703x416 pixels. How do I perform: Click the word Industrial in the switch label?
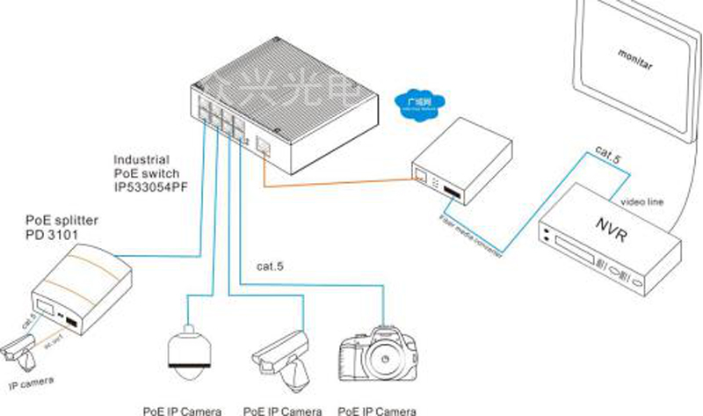pyautogui.click(x=141, y=161)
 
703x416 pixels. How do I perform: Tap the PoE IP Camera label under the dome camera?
pyautogui.click(x=183, y=409)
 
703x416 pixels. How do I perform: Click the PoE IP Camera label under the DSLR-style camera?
pyautogui.click(x=378, y=409)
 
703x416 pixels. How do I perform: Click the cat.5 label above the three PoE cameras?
pyautogui.click(x=269, y=263)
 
